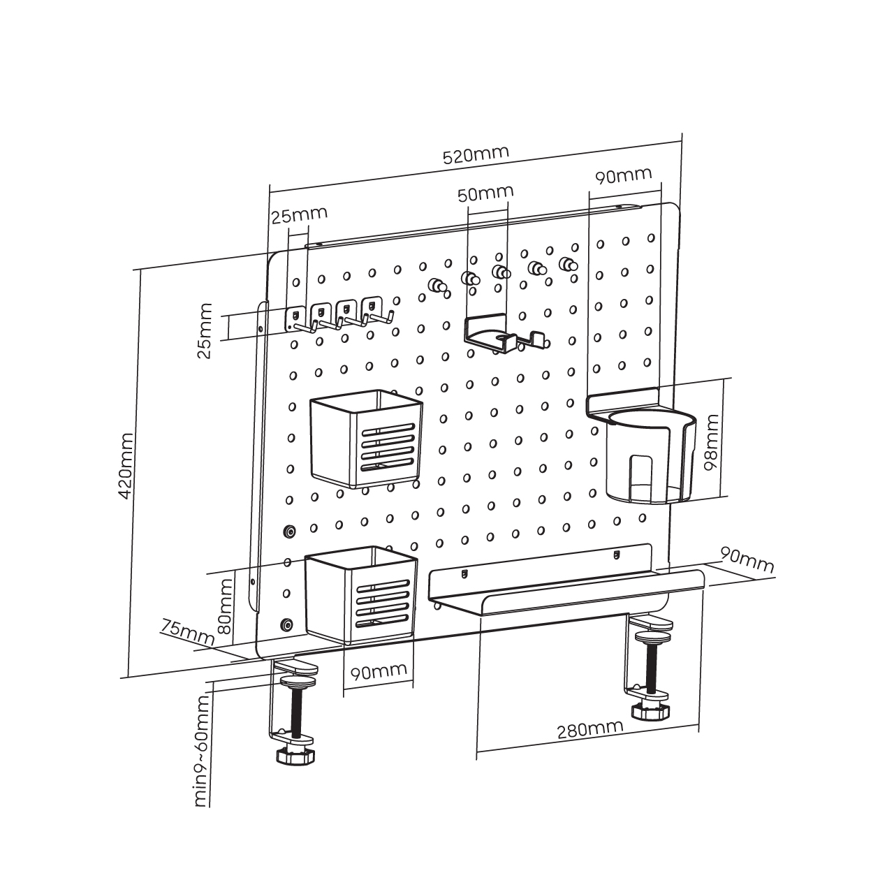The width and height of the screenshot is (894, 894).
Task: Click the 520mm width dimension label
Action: [476, 154]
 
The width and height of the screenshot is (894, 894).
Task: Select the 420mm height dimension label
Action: [126, 465]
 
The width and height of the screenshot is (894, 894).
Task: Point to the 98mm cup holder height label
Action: [712, 443]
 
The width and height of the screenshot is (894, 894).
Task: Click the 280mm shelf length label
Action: [589, 730]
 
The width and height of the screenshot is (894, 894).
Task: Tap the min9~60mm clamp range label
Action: [203, 751]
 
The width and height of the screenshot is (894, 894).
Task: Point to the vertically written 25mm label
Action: [205, 330]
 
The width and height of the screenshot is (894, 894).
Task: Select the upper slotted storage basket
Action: [366, 437]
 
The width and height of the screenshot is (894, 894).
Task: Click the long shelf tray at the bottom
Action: [566, 587]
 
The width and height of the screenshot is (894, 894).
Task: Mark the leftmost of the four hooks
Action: [297, 319]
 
